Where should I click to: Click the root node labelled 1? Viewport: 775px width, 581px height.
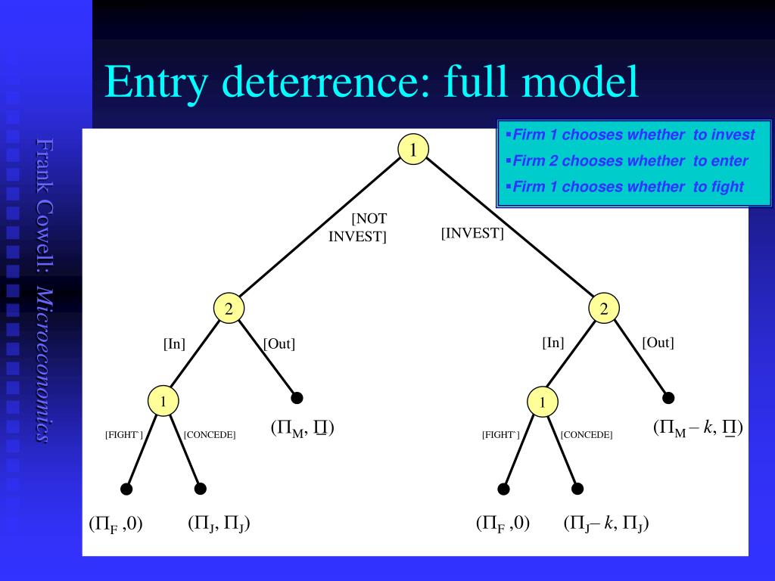pyautogui.click(x=413, y=150)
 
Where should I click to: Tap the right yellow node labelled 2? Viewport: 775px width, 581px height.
pyautogui.click(x=604, y=308)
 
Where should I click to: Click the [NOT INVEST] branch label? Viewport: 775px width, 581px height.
pyautogui.click(x=359, y=227)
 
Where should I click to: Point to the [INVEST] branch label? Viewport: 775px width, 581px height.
pyautogui.click(x=472, y=233)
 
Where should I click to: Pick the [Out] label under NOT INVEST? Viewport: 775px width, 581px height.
pyautogui.click(x=279, y=344)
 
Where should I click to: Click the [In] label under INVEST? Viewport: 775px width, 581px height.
pyautogui.click(x=553, y=343)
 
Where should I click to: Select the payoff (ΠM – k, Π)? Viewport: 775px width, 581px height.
pyautogui.click(x=698, y=428)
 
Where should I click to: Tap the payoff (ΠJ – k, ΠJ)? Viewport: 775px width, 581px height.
pyautogui.click(x=606, y=524)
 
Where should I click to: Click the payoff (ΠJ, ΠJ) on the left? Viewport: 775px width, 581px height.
pyautogui.click(x=219, y=524)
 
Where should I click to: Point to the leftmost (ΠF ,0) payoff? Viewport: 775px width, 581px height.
pyautogui.click(x=116, y=524)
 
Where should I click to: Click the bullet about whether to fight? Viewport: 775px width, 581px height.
pyautogui.click(x=627, y=186)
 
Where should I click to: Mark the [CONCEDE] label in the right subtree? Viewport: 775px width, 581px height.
pyautogui.click(x=587, y=435)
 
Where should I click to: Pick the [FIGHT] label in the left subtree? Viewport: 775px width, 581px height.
pyautogui.click(x=123, y=435)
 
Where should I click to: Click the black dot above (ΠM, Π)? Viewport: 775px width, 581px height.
pyautogui.click(x=297, y=398)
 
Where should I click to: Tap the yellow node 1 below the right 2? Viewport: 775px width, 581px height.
pyautogui.click(x=543, y=402)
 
